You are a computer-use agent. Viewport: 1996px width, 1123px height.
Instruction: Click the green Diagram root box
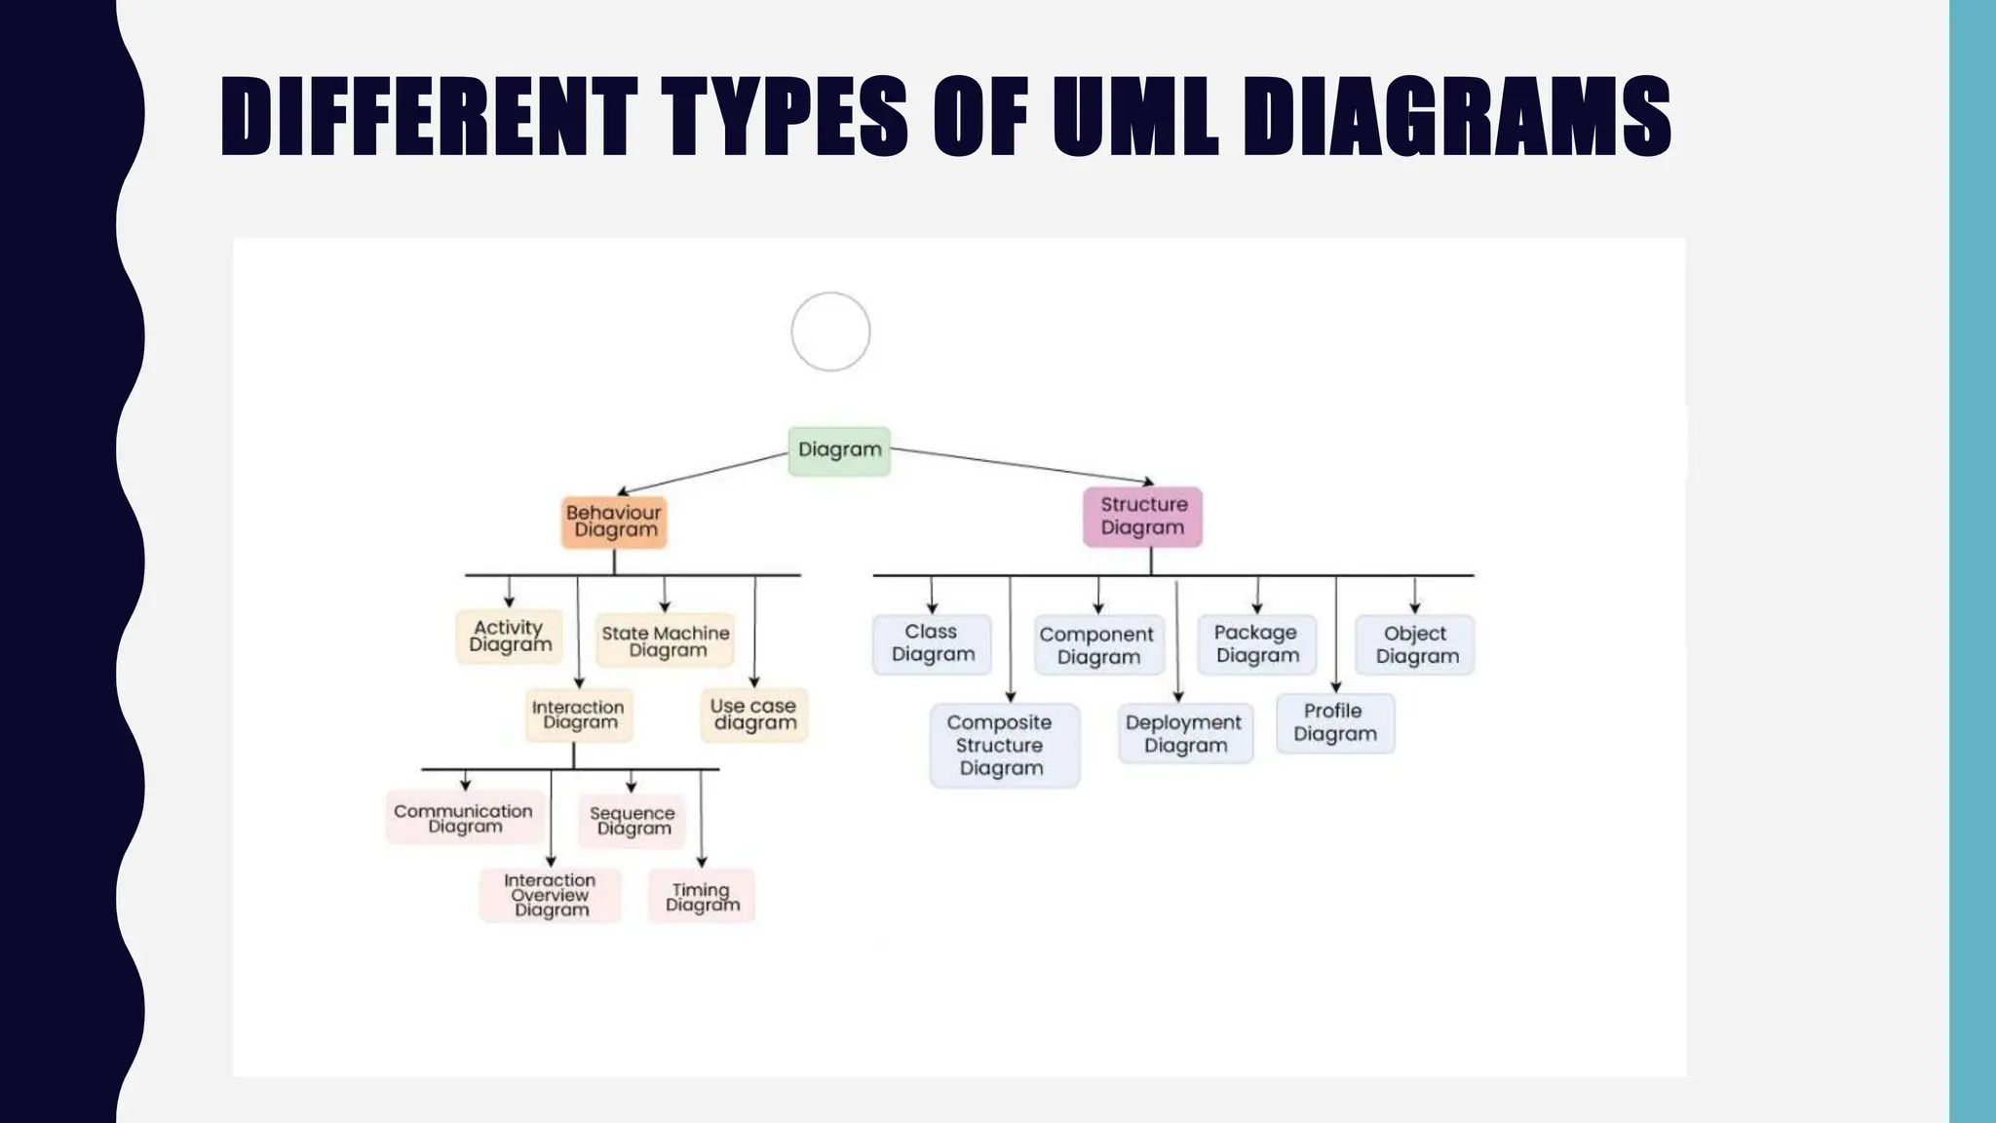tap(839, 450)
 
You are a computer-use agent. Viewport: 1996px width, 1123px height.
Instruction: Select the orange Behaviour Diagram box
tap(614, 523)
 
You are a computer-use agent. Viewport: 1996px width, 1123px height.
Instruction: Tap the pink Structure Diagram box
tap(1142, 517)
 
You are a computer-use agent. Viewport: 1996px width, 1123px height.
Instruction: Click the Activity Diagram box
tap(509, 637)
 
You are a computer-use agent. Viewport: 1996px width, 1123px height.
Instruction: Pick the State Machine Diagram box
tap(665, 641)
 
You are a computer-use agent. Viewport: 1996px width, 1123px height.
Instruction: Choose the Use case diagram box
tap(754, 715)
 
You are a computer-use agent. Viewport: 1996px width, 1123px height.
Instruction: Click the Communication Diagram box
tap(464, 818)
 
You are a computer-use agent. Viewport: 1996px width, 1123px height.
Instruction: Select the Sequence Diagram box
tap(633, 821)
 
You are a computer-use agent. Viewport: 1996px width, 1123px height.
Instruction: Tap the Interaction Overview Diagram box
tap(550, 895)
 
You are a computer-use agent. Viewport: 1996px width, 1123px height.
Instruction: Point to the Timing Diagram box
tap(702, 897)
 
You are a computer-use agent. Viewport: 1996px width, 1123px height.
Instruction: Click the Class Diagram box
tap(932, 643)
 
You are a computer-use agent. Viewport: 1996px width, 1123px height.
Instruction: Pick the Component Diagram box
tap(1099, 645)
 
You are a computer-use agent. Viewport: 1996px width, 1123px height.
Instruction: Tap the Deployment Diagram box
tap(1185, 734)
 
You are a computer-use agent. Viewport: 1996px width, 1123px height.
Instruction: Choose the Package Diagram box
tap(1256, 644)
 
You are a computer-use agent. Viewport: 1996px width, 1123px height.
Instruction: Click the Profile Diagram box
tap(1335, 723)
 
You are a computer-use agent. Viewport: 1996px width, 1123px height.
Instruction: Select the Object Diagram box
tap(1415, 645)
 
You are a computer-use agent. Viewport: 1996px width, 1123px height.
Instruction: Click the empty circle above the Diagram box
tap(830, 331)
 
